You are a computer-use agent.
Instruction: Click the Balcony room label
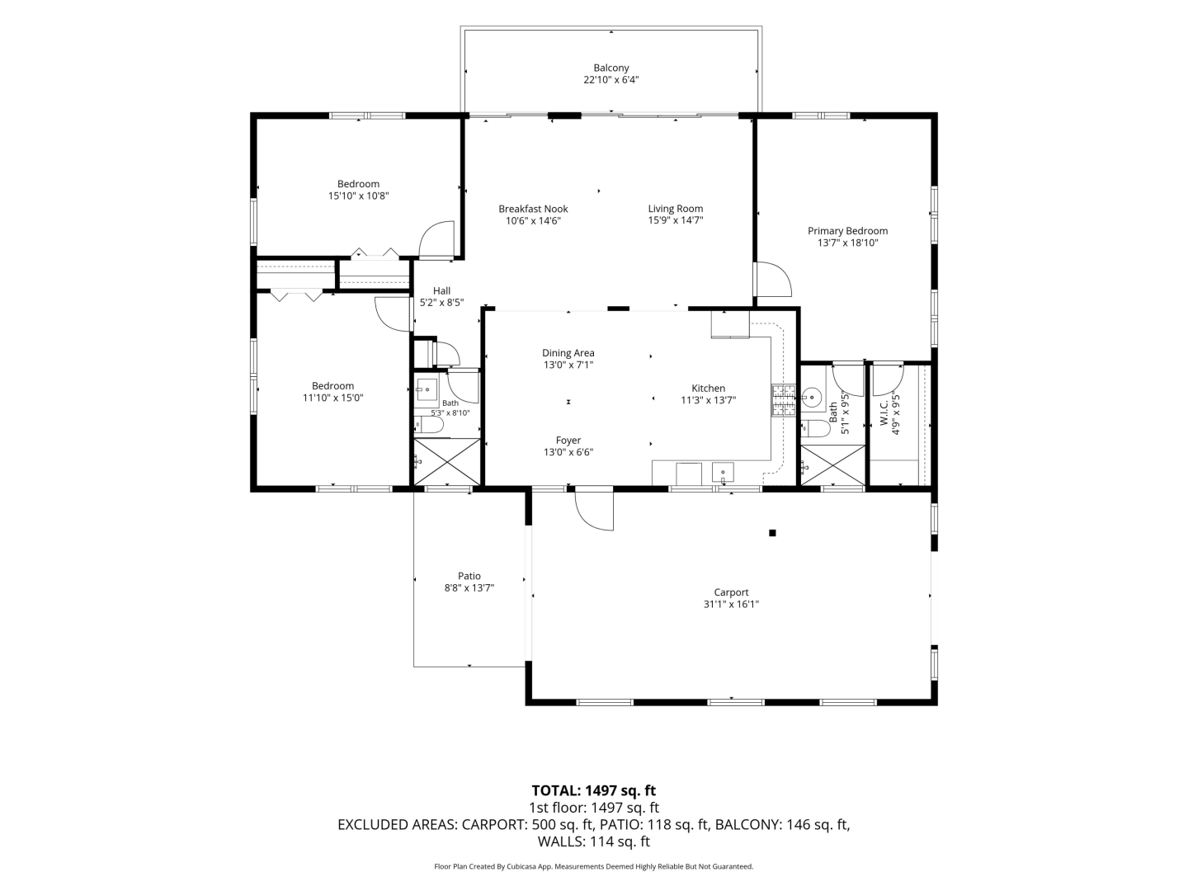(x=611, y=68)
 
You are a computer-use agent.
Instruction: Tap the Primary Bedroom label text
(x=847, y=231)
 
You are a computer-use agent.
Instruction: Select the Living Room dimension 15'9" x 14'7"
(x=676, y=220)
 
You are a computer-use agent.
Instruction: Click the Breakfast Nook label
(x=533, y=209)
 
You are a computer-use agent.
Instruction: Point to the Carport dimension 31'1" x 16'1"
(x=731, y=604)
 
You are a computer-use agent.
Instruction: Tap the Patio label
(x=469, y=576)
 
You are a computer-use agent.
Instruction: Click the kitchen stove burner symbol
(x=783, y=400)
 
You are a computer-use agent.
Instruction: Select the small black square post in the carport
(x=772, y=533)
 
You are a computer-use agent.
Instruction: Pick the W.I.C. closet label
(x=884, y=413)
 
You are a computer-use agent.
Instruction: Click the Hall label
(x=441, y=291)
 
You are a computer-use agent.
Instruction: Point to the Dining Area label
(x=568, y=353)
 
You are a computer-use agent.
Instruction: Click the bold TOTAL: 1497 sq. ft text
(x=594, y=791)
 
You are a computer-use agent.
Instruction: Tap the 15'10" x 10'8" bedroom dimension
(x=358, y=196)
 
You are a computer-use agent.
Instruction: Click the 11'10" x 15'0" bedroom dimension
(x=332, y=398)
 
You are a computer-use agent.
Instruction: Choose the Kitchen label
(x=709, y=389)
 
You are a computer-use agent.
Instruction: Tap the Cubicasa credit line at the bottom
(x=594, y=866)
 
